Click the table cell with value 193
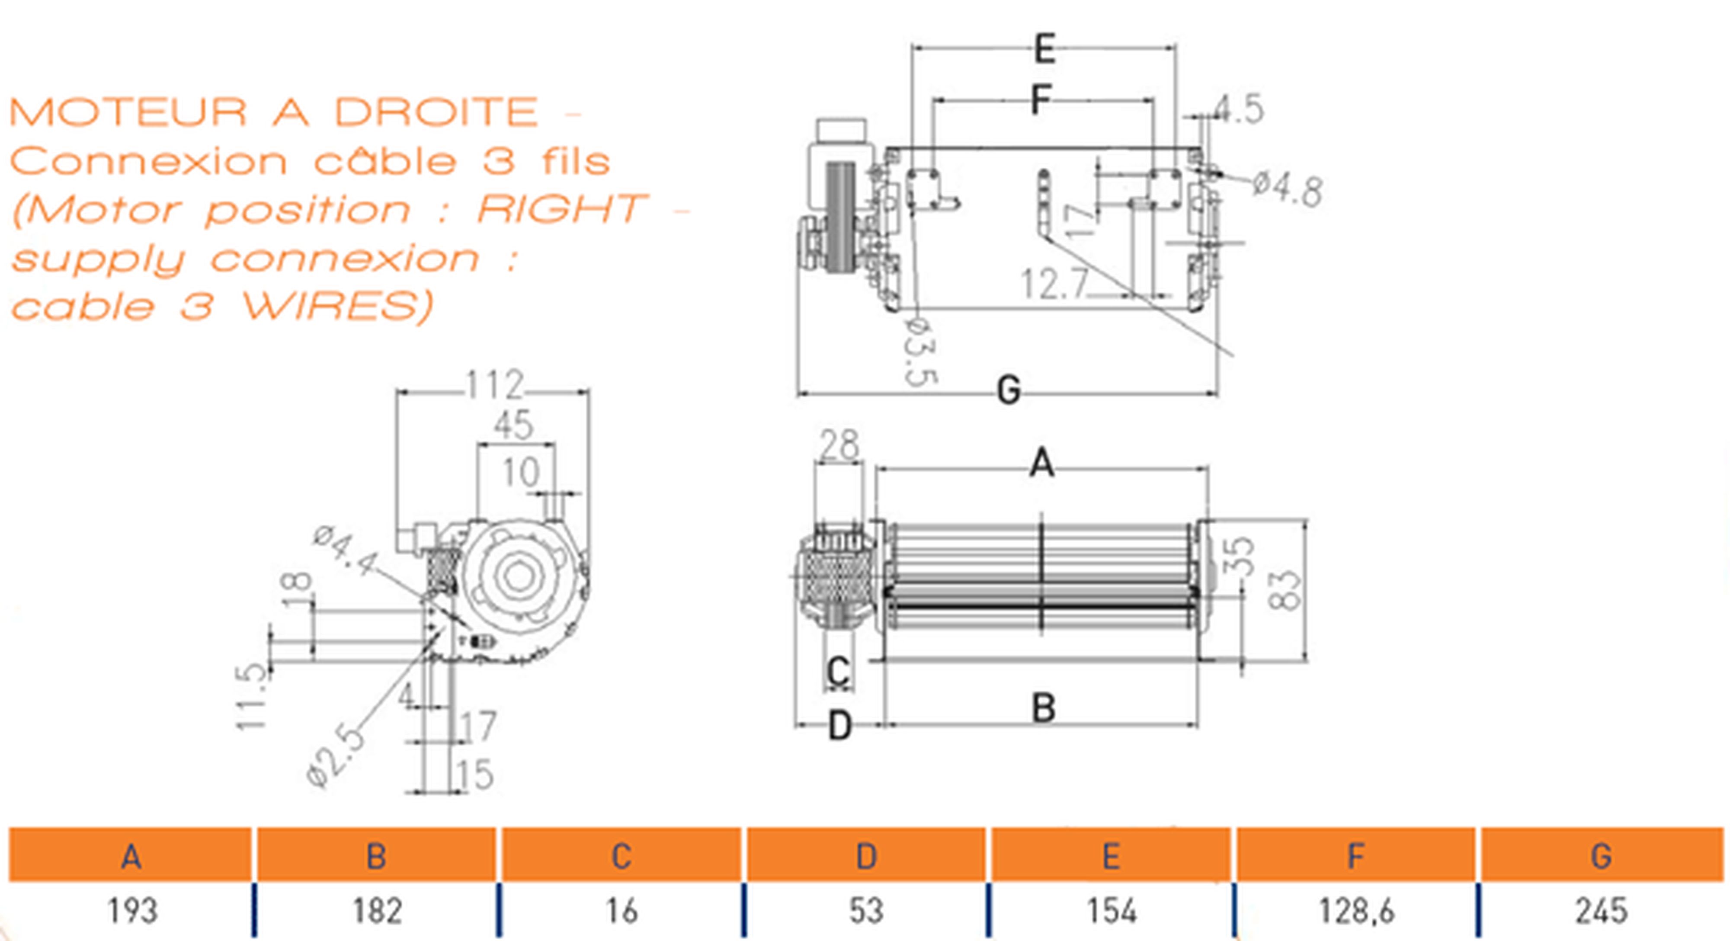click(131, 911)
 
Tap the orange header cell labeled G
click(1601, 855)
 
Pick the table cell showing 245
click(1601, 911)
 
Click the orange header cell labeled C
click(621, 855)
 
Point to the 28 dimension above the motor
click(839, 445)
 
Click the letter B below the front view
click(1043, 707)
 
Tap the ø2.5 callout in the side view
click(336, 757)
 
